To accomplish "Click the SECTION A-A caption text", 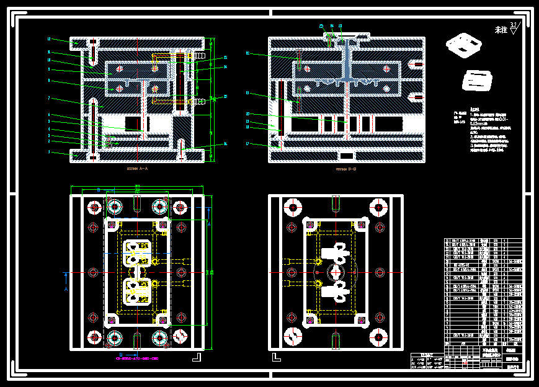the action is pyautogui.click(x=137, y=168).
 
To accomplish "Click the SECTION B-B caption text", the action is pyautogui.click(x=345, y=168).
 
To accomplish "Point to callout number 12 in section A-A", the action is pyautogui.click(x=49, y=39).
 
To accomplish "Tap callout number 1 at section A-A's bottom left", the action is pyautogui.click(x=49, y=151).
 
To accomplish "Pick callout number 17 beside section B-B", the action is pyautogui.click(x=247, y=143).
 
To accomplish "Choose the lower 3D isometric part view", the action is pyautogui.click(x=476, y=81).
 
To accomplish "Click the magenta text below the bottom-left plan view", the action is pyautogui.click(x=137, y=358).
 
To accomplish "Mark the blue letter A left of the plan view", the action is pyautogui.click(x=66, y=289).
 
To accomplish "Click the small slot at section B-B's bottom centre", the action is pyautogui.click(x=346, y=155).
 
